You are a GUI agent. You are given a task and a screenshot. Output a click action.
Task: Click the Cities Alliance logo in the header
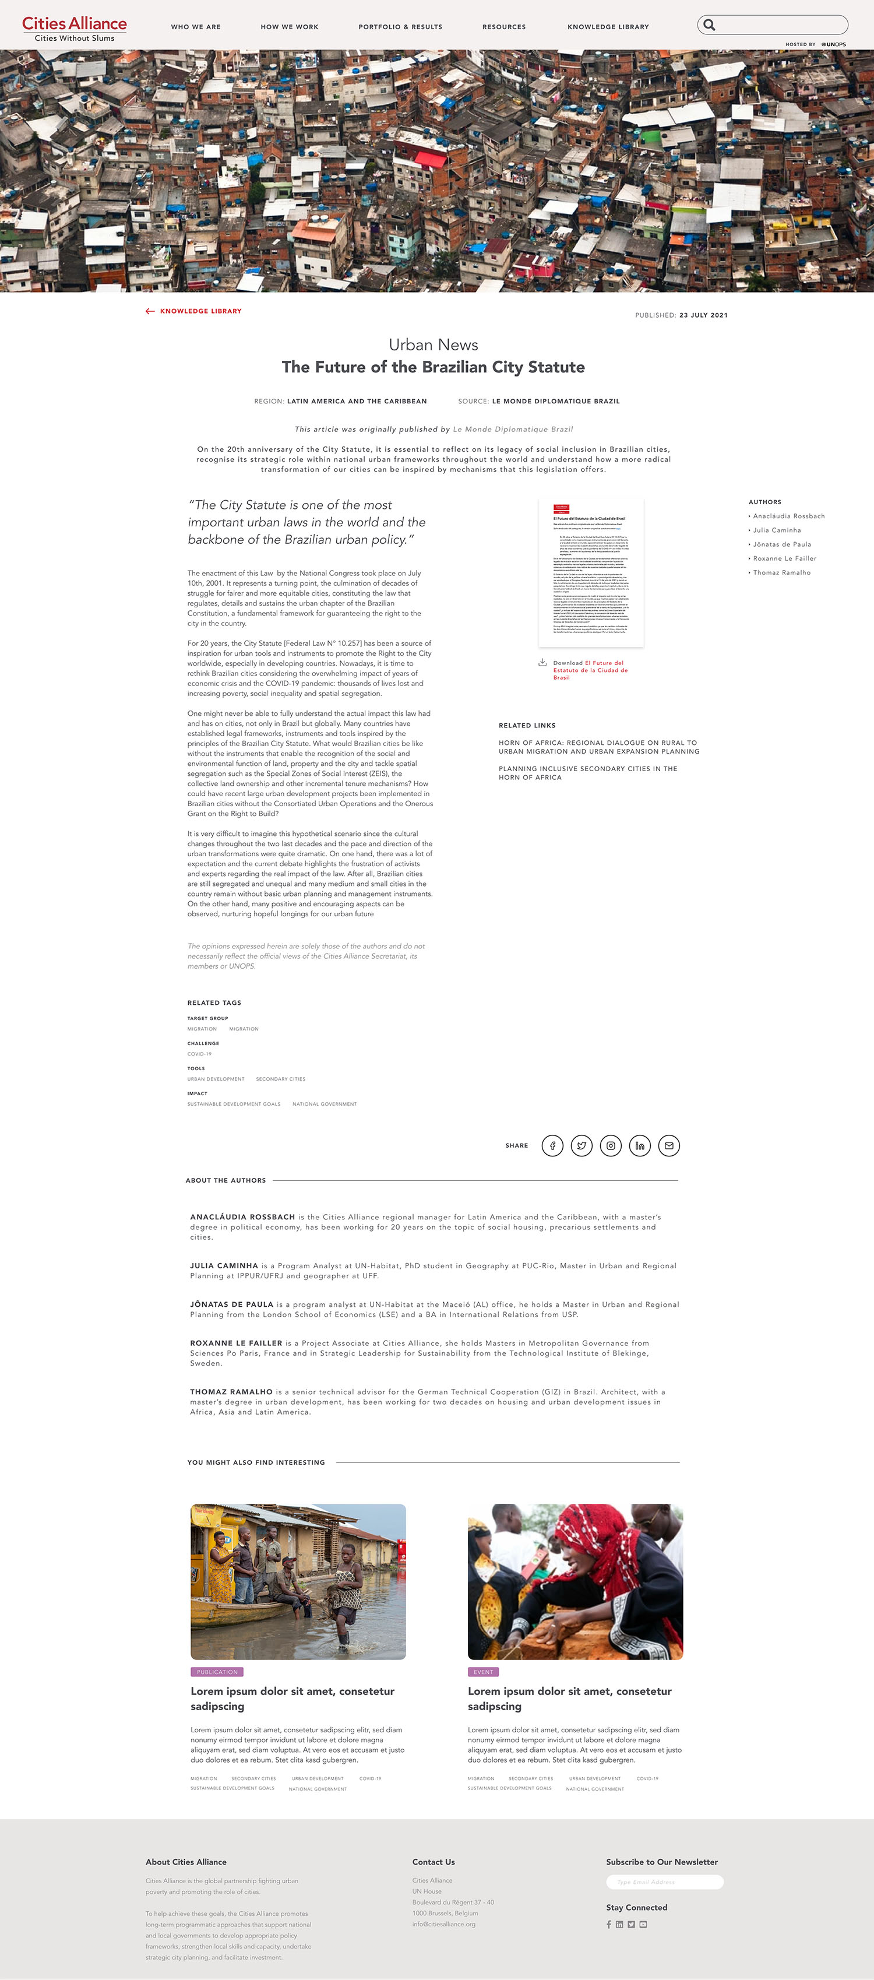[x=75, y=29]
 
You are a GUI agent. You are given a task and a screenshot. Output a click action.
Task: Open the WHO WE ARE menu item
[x=195, y=27]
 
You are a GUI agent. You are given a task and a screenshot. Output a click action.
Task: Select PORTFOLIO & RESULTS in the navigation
[x=400, y=27]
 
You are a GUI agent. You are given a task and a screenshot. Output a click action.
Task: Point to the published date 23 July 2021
[x=703, y=315]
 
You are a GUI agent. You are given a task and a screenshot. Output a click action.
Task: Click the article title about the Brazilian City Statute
[x=433, y=367]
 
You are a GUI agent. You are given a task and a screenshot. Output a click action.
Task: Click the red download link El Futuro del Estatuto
[x=590, y=670]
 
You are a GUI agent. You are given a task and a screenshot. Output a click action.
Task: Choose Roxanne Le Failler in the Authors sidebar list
[x=784, y=559]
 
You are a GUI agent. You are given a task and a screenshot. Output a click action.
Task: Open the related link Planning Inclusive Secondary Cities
[x=587, y=772]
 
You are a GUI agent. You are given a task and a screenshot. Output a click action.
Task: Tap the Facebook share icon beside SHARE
[x=552, y=1145]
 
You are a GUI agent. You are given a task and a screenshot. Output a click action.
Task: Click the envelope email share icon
[x=669, y=1145]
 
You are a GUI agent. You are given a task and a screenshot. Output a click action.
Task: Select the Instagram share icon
[x=610, y=1145]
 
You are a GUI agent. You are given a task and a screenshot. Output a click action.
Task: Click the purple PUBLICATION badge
[x=217, y=1672]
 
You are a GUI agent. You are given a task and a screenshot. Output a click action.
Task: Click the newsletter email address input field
[x=664, y=1881]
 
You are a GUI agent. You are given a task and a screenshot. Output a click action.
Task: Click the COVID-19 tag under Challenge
[x=199, y=1054]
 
